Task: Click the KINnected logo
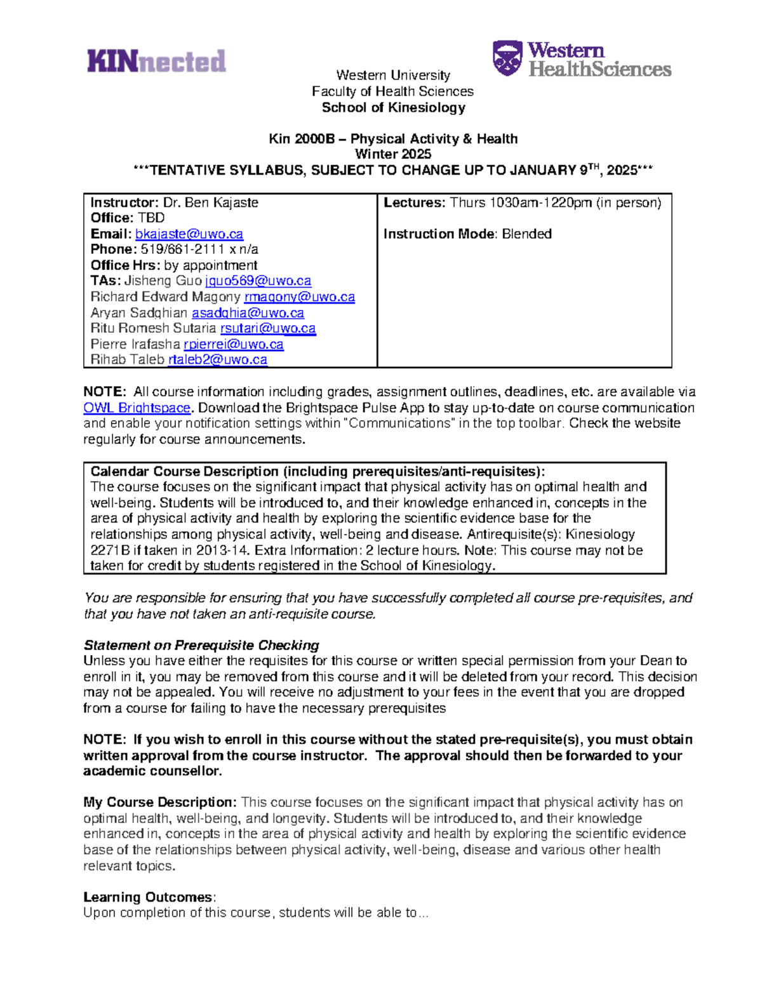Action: (156, 61)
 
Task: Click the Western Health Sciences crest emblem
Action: (507, 58)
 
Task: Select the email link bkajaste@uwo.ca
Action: (189, 234)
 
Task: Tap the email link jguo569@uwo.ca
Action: (258, 281)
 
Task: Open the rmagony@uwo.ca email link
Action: (299, 296)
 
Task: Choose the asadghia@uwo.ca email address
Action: (248, 312)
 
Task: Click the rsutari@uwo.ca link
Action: (268, 328)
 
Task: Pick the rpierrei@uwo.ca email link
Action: (233, 344)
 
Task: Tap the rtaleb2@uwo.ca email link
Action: (217, 359)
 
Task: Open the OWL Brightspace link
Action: (137, 408)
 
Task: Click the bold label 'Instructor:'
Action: (124, 203)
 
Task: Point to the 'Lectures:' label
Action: (415, 203)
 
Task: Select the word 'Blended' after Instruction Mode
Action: (526, 234)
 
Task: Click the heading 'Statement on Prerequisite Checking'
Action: (201, 645)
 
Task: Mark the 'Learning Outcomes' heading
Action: (149, 896)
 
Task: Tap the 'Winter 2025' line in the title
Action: (393, 154)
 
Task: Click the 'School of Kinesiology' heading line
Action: (393, 107)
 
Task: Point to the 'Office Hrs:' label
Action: (125, 265)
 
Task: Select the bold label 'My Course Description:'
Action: (160, 802)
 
